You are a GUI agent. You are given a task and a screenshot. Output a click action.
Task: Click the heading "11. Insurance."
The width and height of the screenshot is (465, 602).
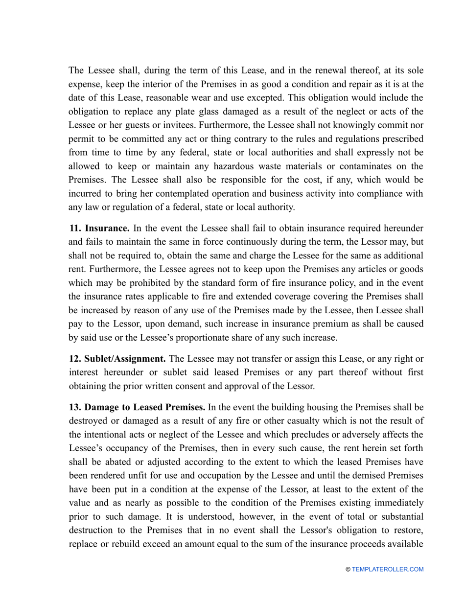[x=99, y=228]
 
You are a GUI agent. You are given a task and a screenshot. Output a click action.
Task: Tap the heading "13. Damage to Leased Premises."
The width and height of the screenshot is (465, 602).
[x=138, y=407]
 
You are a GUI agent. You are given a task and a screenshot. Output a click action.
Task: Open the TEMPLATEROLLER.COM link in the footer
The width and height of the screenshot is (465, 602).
[x=387, y=569]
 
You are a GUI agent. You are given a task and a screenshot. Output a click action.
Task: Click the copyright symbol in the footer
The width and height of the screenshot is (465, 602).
[x=348, y=569]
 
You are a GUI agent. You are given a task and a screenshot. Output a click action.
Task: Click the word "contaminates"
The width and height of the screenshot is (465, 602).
[x=370, y=166]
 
